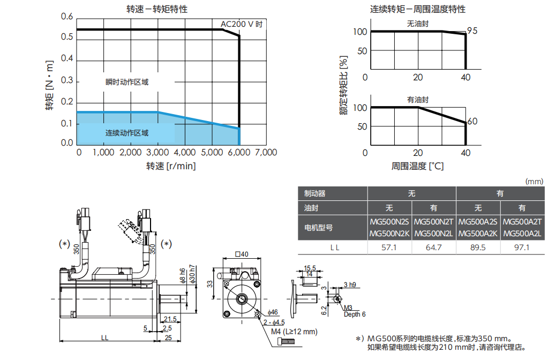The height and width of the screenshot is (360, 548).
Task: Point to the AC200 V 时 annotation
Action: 242,24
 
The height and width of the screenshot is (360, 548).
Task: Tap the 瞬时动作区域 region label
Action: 126,82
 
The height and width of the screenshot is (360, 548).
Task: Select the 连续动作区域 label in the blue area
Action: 126,133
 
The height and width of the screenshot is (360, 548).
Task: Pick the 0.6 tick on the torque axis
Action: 67,17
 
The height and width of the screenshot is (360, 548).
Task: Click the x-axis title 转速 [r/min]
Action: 171,166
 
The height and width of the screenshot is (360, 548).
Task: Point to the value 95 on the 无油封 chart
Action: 472,31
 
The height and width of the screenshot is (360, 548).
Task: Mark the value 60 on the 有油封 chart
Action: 472,122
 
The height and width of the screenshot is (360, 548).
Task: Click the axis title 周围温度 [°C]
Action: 417,166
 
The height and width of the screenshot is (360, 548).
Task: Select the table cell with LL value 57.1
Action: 389,247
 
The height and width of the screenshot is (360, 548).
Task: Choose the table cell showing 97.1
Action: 522,247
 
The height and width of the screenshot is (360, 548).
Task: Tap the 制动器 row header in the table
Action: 315,194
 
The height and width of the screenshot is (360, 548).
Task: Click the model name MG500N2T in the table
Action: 434,221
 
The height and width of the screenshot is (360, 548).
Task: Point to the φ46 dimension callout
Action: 273,312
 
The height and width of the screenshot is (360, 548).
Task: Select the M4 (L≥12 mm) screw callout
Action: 294,332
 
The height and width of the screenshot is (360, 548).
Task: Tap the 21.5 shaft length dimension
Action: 170,319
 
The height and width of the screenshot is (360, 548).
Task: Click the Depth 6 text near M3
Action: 355,314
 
